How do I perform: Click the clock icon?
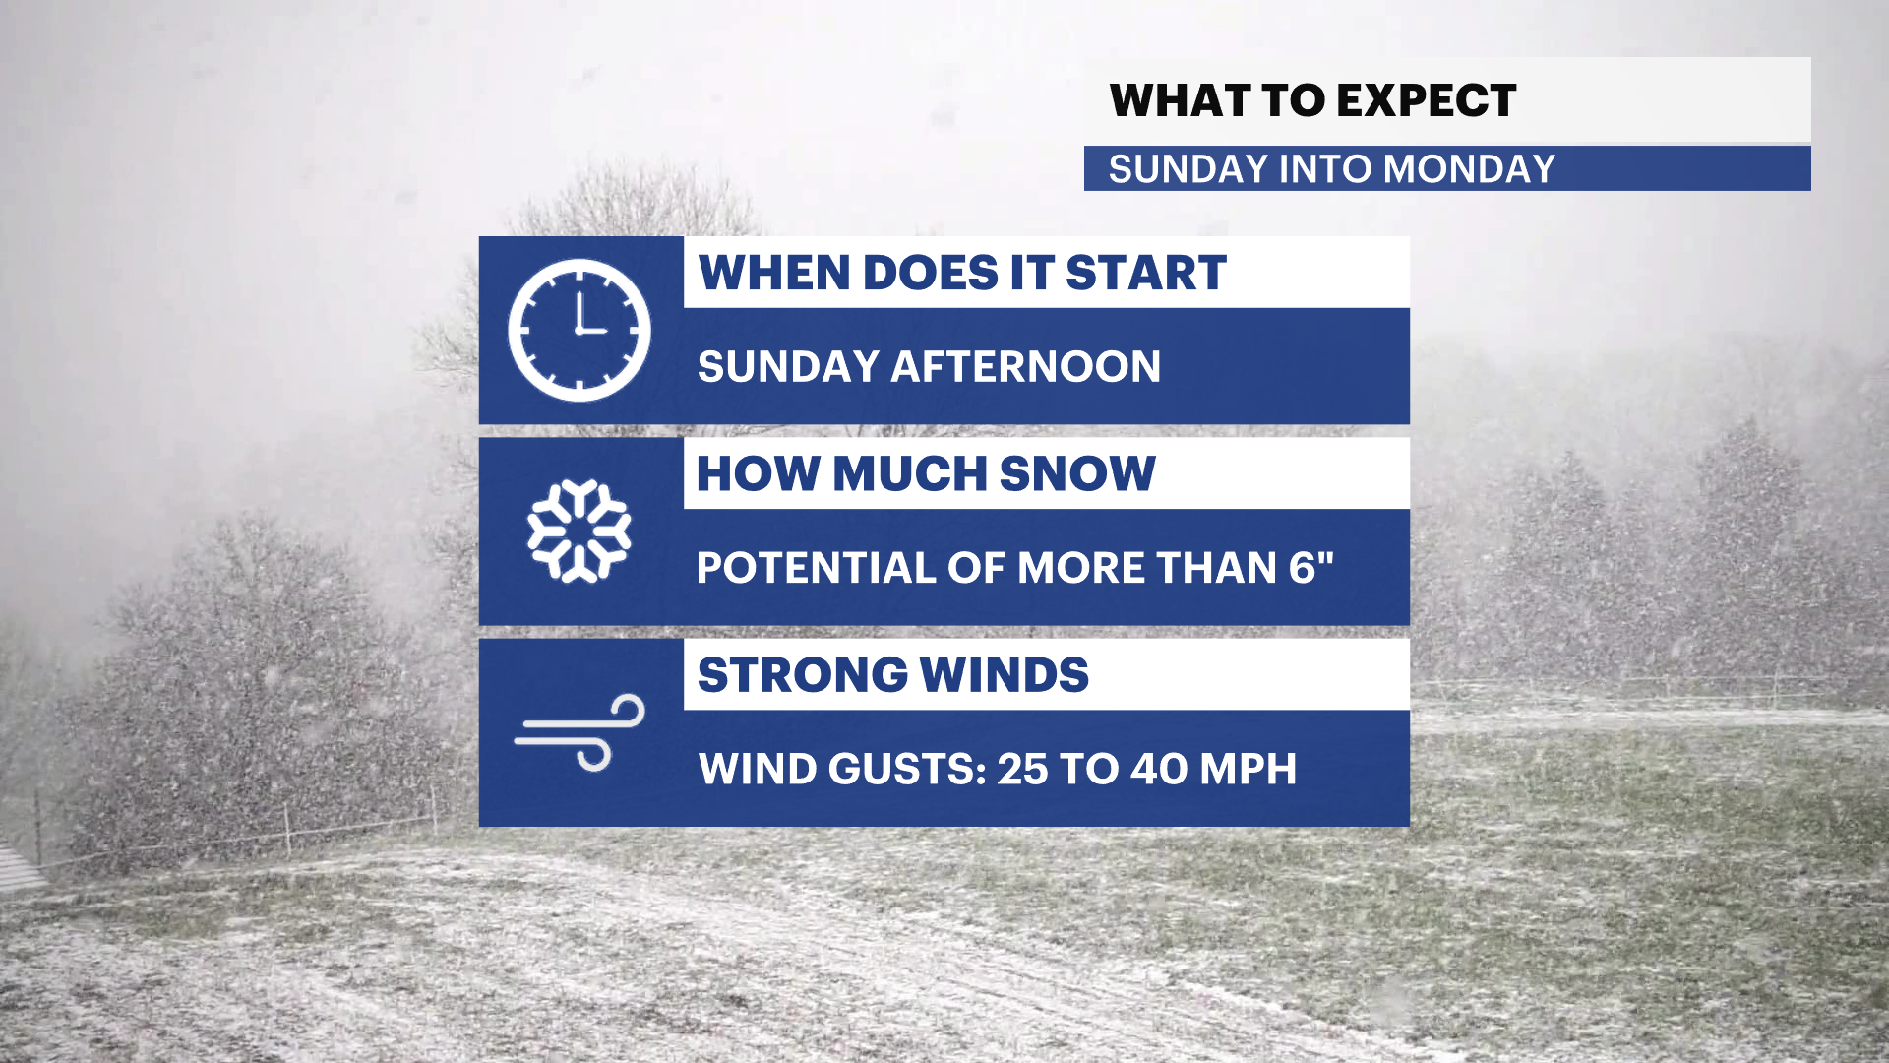tap(579, 330)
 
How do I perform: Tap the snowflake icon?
tap(579, 531)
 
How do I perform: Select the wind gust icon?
tap(579, 732)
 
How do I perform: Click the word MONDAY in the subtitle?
tap(1469, 169)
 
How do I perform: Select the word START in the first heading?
tap(1146, 273)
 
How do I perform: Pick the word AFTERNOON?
tap(1026, 367)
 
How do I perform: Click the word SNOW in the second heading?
tap(1077, 473)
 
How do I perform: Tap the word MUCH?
tap(910, 473)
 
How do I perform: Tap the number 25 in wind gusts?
tap(1022, 770)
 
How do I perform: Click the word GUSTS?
tap(907, 770)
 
